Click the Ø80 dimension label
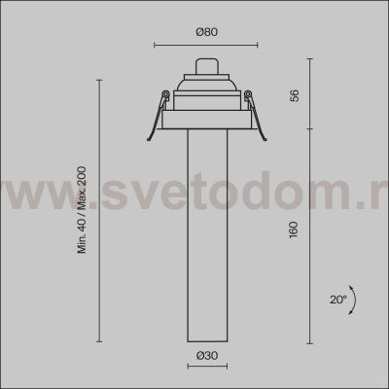click(x=205, y=31)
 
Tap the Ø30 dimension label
click(x=205, y=356)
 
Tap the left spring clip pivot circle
click(x=165, y=94)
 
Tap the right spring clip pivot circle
click(x=247, y=94)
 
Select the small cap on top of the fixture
click(x=205, y=67)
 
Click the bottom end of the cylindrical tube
click(x=205, y=341)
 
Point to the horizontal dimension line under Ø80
click(x=205, y=44)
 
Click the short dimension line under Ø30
click(x=205, y=368)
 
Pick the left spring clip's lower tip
click(x=147, y=136)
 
